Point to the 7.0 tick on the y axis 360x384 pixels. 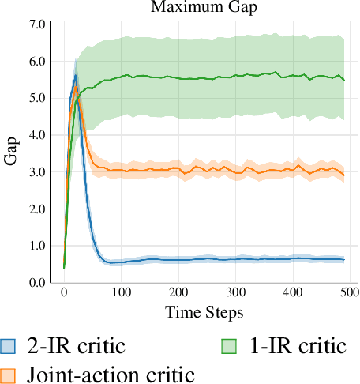click(37, 24)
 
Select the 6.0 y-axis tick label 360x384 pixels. click(37, 62)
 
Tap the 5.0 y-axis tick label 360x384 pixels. click(37, 99)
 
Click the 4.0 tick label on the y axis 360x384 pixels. click(37, 135)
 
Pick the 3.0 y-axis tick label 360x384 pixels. click(37, 172)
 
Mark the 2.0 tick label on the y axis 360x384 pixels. click(37, 209)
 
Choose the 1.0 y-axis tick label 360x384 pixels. click(37, 246)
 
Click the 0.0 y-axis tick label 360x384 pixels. click(37, 283)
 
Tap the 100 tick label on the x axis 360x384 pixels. click(121, 294)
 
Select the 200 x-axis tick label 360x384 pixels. click(178, 294)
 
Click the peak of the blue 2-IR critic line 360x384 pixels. click(75, 76)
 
